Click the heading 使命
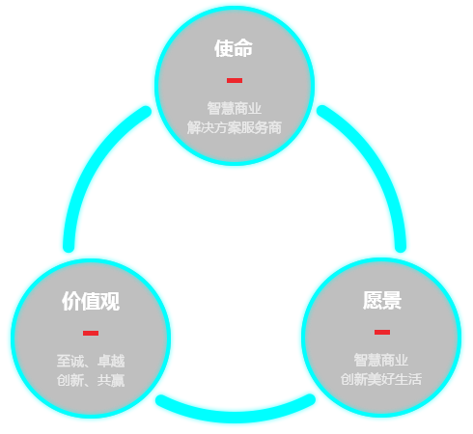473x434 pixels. [234, 48]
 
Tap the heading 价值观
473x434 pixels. [91, 301]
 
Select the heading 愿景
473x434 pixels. [382, 300]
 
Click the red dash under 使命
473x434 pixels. [235, 80]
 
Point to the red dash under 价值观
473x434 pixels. [91, 333]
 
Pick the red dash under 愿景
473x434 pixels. [382, 332]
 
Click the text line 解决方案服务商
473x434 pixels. [235, 127]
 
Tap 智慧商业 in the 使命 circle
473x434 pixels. [235, 108]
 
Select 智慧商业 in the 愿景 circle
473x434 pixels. [381, 360]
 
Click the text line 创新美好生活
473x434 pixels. [381, 379]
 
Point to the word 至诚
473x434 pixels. [70, 361]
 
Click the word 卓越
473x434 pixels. [111, 361]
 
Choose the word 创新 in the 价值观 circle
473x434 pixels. [70, 380]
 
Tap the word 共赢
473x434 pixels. [111, 380]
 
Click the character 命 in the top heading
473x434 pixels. [243, 48]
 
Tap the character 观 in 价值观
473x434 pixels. [110, 301]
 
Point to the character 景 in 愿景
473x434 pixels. [392, 300]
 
